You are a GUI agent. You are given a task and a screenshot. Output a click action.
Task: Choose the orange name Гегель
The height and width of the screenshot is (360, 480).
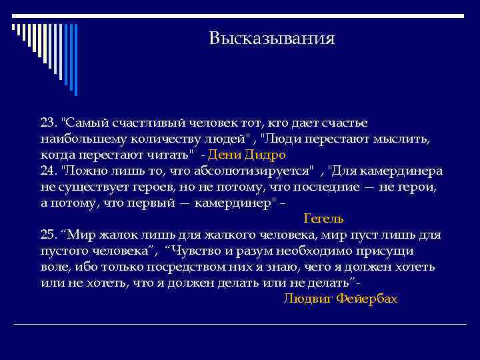323,218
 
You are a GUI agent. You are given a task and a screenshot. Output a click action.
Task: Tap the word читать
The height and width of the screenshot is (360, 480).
171,155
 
